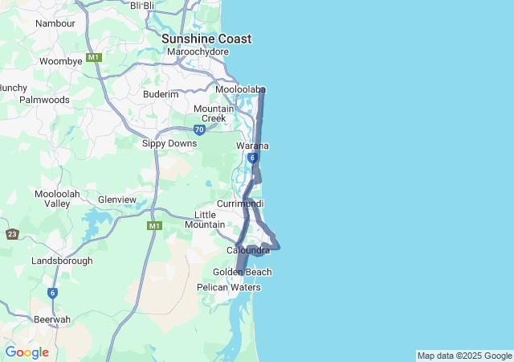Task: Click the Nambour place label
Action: (55, 23)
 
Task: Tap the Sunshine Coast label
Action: (206, 39)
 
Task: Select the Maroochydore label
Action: (198, 52)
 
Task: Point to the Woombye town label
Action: (61, 61)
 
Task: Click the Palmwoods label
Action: (44, 100)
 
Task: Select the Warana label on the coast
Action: (252, 146)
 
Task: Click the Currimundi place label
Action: (240, 204)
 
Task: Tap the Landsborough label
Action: (63, 261)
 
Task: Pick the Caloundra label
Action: (248, 251)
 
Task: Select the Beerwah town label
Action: (52, 319)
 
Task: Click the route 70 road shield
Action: (199, 130)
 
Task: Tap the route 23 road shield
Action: (12, 234)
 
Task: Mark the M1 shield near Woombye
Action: (95, 57)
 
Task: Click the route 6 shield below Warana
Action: (252, 158)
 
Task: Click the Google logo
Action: (27, 352)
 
